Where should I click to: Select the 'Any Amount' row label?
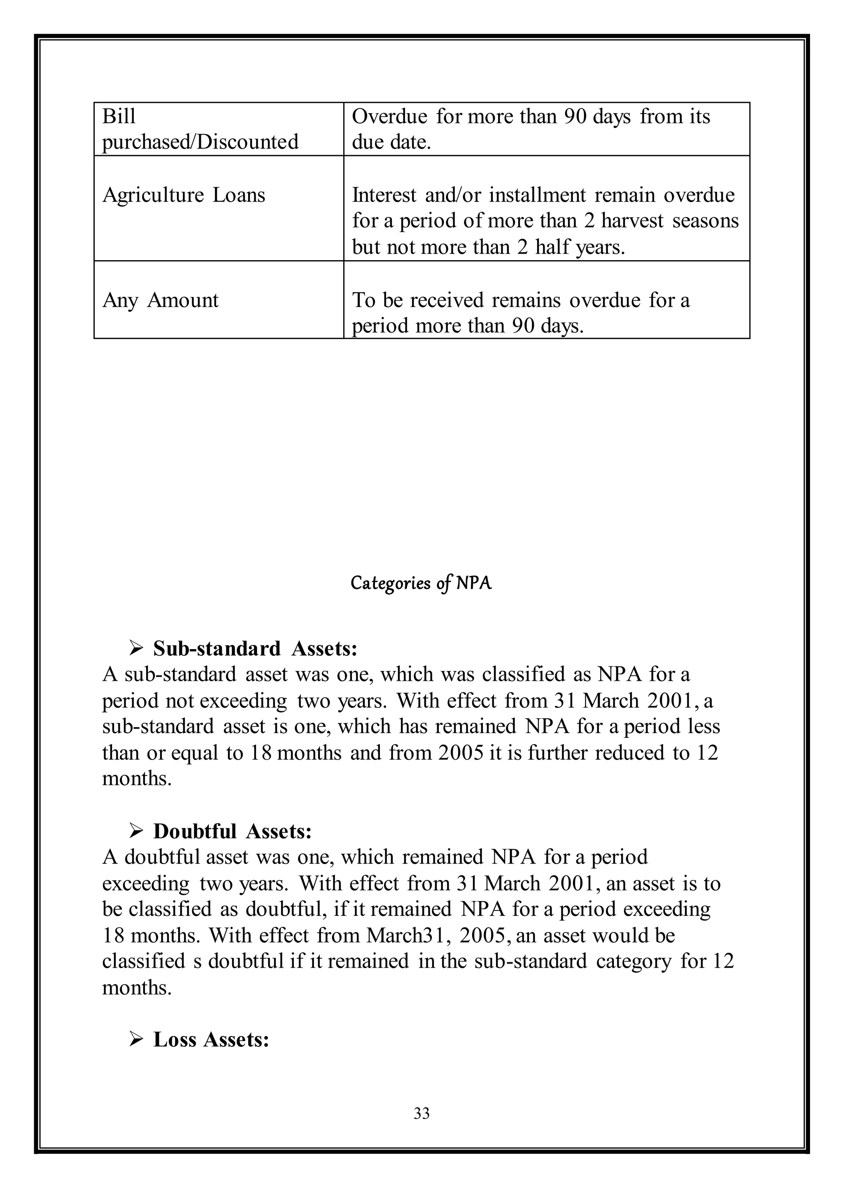point(161,300)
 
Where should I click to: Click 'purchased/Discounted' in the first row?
point(200,142)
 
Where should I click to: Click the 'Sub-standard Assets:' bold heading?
point(255,649)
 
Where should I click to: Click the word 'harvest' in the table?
point(632,221)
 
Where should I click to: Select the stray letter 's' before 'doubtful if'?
point(197,962)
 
